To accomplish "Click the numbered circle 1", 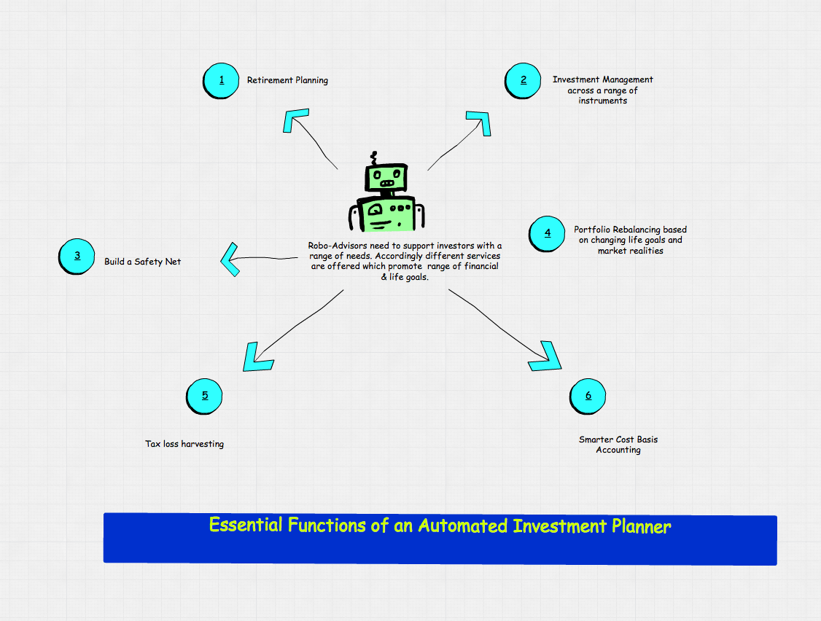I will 221,80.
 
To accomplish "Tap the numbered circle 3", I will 77,256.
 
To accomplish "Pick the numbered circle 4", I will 548,233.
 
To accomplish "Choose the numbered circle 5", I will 205,396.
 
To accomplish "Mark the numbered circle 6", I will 588,396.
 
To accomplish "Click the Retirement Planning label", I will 287,80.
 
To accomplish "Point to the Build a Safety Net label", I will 142,261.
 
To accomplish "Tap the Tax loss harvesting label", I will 184,443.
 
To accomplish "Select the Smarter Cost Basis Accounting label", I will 618,445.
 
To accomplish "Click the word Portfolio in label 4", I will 591,230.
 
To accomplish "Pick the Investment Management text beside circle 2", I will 602,79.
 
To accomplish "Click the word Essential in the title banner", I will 245,526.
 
